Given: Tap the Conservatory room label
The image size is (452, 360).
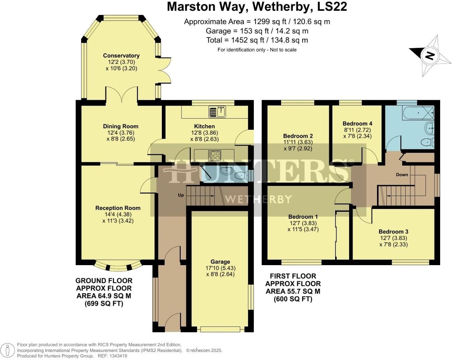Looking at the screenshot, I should click(121, 55).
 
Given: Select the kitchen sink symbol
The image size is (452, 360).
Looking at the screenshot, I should click(218, 112).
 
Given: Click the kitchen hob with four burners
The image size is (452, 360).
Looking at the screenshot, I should click(214, 154).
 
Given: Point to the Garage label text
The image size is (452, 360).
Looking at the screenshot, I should click(220, 262).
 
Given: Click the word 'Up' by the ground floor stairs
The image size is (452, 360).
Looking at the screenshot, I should click(181, 195).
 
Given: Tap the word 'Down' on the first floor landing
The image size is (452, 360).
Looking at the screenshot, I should click(402, 174).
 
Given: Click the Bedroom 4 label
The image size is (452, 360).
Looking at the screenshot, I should click(357, 123).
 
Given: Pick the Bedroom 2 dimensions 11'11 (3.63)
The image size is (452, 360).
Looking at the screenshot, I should click(297, 142).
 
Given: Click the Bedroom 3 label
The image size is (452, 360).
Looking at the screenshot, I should click(393, 232).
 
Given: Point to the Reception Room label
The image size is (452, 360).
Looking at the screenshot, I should click(118, 208).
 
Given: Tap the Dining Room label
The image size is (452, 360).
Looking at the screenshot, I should click(120, 126).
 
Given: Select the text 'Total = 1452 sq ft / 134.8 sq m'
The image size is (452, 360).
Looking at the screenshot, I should click(257, 40).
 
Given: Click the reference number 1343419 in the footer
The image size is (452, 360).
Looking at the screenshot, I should click(118, 356).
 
